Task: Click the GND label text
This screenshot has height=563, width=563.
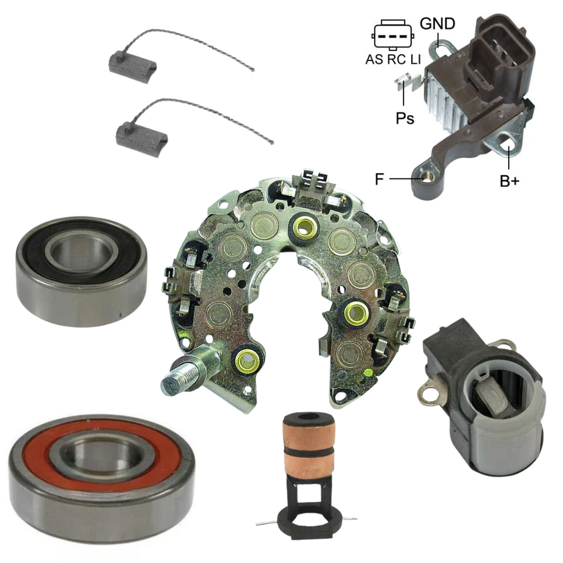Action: (437, 24)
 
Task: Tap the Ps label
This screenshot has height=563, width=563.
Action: (405, 118)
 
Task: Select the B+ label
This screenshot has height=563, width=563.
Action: (510, 181)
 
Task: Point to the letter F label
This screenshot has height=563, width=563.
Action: (379, 179)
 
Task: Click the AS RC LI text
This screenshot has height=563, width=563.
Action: (393, 59)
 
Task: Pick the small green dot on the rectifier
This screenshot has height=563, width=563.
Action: (367, 373)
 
